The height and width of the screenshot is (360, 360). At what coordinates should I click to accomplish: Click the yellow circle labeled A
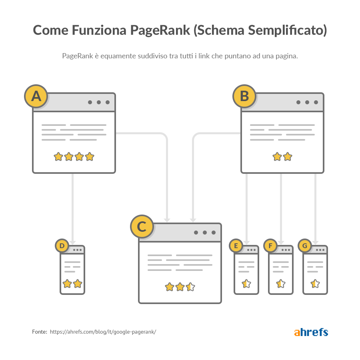(36, 96)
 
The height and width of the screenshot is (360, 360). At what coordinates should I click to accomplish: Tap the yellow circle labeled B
(244, 96)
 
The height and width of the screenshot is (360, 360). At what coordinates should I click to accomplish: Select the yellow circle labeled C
(142, 227)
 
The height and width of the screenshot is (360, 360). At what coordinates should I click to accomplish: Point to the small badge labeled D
(62, 246)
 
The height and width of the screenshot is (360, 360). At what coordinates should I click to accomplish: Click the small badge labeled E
(236, 246)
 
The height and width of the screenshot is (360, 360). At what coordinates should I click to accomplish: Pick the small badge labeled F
(270, 246)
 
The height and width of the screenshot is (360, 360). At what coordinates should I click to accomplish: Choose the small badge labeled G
(304, 246)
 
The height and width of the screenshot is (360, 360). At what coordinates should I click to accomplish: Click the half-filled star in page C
(190, 287)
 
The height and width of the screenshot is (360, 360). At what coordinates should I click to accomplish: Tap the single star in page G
(315, 284)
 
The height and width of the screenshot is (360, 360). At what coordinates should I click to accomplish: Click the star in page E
(246, 284)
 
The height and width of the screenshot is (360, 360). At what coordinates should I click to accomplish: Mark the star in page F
(281, 284)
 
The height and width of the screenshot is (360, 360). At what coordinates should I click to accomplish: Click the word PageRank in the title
(160, 30)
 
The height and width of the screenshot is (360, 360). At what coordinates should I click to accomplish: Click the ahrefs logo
(311, 332)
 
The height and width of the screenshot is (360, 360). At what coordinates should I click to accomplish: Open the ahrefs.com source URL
(103, 332)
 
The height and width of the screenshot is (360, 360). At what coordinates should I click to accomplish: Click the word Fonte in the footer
(40, 332)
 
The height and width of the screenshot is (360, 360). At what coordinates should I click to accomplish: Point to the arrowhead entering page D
(72, 243)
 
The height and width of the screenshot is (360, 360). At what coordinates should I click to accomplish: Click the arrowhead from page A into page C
(167, 221)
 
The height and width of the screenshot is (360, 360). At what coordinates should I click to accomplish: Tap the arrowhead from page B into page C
(193, 221)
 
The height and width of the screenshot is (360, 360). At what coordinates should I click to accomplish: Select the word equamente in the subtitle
(118, 56)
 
